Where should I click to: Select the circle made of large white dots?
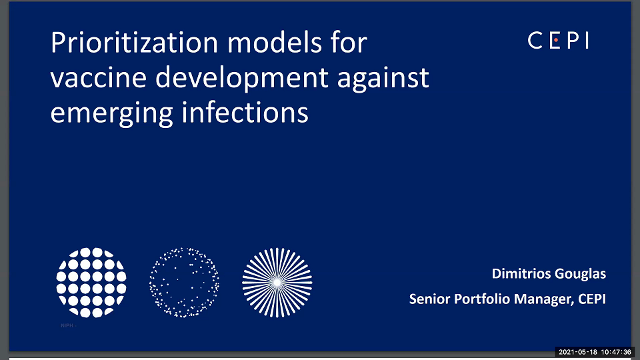point(91,282)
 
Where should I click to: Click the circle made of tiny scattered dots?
point(183,282)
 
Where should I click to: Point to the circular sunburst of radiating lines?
point(277,282)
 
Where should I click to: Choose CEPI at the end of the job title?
point(591,299)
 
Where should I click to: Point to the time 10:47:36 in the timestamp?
point(616,351)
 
